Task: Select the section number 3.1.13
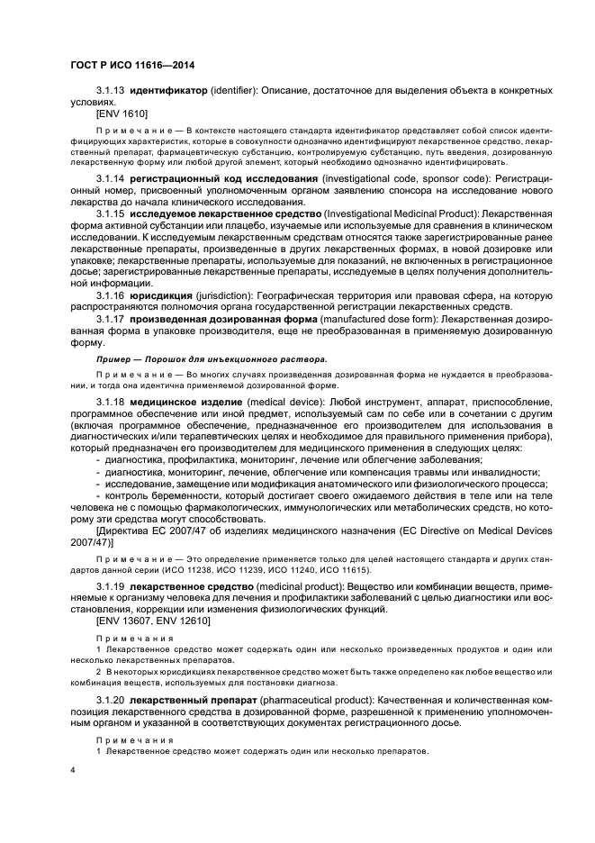110,92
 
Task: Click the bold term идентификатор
168,92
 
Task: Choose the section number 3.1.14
110,180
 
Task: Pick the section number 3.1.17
110,321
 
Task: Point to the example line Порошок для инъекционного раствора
212,359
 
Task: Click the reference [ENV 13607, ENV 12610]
152,621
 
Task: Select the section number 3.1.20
110,699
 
